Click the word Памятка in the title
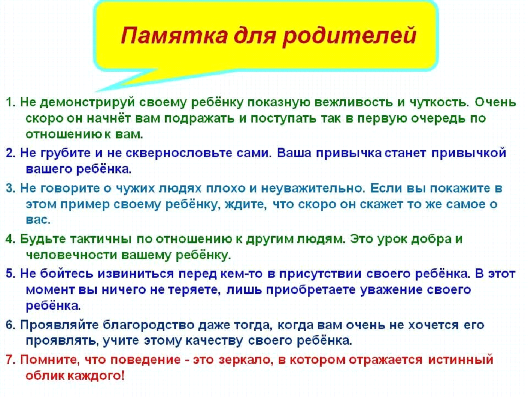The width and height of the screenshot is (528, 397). click(x=174, y=35)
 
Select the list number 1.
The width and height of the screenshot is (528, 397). click(x=10, y=102)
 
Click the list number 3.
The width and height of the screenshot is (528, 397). click(x=10, y=188)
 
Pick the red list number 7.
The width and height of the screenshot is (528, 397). click(x=10, y=360)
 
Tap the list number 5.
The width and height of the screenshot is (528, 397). click(x=10, y=274)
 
